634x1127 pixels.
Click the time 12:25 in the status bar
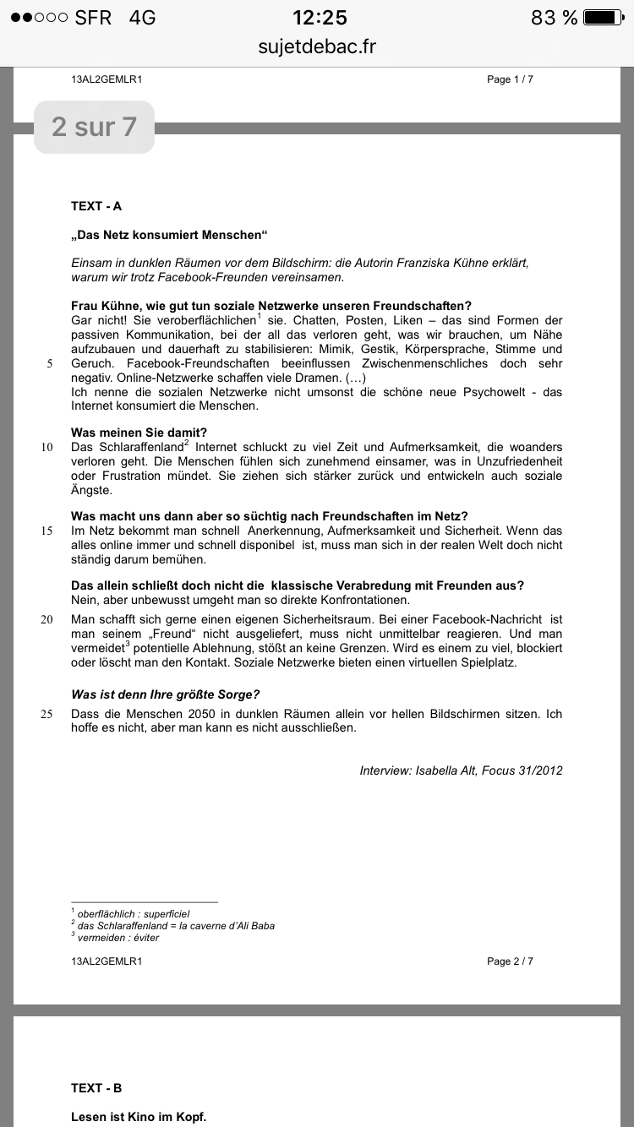click(320, 18)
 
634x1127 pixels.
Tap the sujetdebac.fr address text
click(317, 46)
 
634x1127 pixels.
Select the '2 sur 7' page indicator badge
click(94, 127)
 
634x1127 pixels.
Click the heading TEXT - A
click(96, 206)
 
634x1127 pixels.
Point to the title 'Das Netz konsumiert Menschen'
click(169, 235)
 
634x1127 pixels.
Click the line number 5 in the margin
click(50, 364)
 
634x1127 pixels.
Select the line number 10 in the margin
click(47, 447)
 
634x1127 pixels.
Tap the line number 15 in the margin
click(47, 531)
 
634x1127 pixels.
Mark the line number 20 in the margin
click(47, 619)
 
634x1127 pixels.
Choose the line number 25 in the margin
click(47, 714)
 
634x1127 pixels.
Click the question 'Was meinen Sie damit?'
click(139, 433)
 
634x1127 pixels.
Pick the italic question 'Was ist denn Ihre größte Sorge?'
click(165, 694)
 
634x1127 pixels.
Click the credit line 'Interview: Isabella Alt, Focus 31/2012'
click(461, 770)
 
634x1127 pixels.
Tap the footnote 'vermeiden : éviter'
click(118, 937)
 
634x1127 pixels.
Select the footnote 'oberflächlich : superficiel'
click(133, 913)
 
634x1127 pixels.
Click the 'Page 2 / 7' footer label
click(510, 961)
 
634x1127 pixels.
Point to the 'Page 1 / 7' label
click(510, 79)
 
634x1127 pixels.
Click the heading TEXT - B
click(96, 1088)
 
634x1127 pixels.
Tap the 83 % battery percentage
click(554, 18)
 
